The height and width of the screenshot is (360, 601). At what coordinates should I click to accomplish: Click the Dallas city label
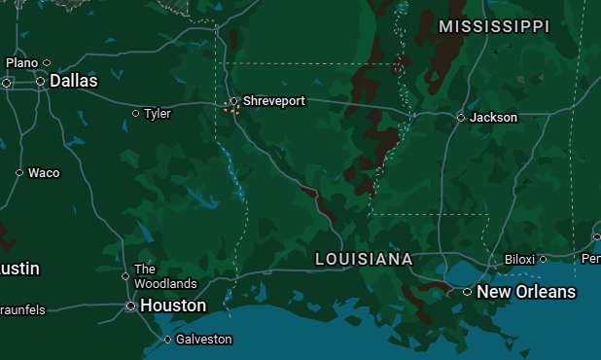click(x=74, y=81)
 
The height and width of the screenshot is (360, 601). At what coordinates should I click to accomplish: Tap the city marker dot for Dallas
click(x=41, y=82)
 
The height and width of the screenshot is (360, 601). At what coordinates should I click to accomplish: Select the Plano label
click(x=21, y=62)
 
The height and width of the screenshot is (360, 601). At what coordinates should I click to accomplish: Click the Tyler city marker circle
click(x=135, y=114)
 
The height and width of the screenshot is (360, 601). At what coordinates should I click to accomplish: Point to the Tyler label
click(x=158, y=114)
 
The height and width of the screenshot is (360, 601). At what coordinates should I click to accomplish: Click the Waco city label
click(x=44, y=173)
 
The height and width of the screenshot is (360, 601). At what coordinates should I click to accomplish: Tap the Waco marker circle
click(x=19, y=173)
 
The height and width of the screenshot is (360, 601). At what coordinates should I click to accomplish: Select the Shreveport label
click(x=274, y=100)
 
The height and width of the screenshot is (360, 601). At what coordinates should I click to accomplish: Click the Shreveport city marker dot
click(x=233, y=100)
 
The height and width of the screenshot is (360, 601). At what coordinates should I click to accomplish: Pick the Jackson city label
click(x=494, y=117)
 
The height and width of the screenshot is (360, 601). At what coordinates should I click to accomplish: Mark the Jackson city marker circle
click(x=461, y=118)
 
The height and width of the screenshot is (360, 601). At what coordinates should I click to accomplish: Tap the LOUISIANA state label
click(x=364, y=260)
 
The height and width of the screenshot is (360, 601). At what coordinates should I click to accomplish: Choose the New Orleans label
click(x=526, y=292)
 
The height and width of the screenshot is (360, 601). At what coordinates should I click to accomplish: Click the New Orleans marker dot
click(x=467, y=292)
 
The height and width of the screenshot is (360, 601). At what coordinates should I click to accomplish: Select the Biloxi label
click(x=519, y=259)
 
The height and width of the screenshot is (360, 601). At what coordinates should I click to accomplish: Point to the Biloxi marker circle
click(x=543, y=259)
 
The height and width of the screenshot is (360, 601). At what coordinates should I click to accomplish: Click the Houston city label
click(x=173, y=306)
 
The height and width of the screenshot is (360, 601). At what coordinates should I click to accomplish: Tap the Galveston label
click(x=204, y=340)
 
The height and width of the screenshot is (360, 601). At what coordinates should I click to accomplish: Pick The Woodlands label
click(x=165, y=276)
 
